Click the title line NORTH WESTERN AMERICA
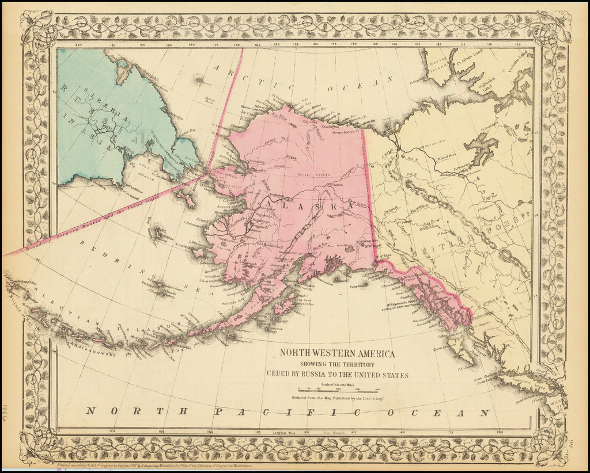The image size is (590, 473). [x=337, y=354]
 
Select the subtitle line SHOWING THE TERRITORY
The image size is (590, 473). [x=337, y=364]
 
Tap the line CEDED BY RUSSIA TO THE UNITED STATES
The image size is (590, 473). [x=337, y=375]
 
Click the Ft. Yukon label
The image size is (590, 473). [x=335, y=185]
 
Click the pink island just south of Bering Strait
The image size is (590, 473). [x=186, y=199]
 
